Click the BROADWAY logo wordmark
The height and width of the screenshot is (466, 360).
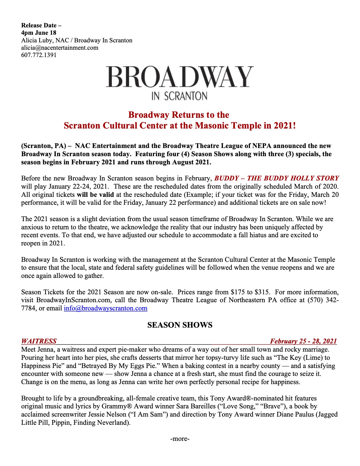tap(180, 77)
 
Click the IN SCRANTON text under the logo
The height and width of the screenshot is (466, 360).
tap(180, 96)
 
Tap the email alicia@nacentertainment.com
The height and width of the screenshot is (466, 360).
tap(60, 47)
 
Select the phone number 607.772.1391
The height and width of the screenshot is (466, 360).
tap(39, 55)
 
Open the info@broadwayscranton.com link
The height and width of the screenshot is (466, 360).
tap(106, 308)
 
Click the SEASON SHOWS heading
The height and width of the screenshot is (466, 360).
tap(180, 325)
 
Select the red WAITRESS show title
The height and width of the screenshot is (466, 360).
tap(39, 341)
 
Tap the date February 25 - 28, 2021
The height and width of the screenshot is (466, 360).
tap(303, 341)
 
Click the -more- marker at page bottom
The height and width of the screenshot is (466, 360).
tap(180, 439)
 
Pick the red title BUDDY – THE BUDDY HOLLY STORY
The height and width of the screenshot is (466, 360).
tap(277, 178)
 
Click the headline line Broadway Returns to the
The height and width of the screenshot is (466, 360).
tap(178, 115)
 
